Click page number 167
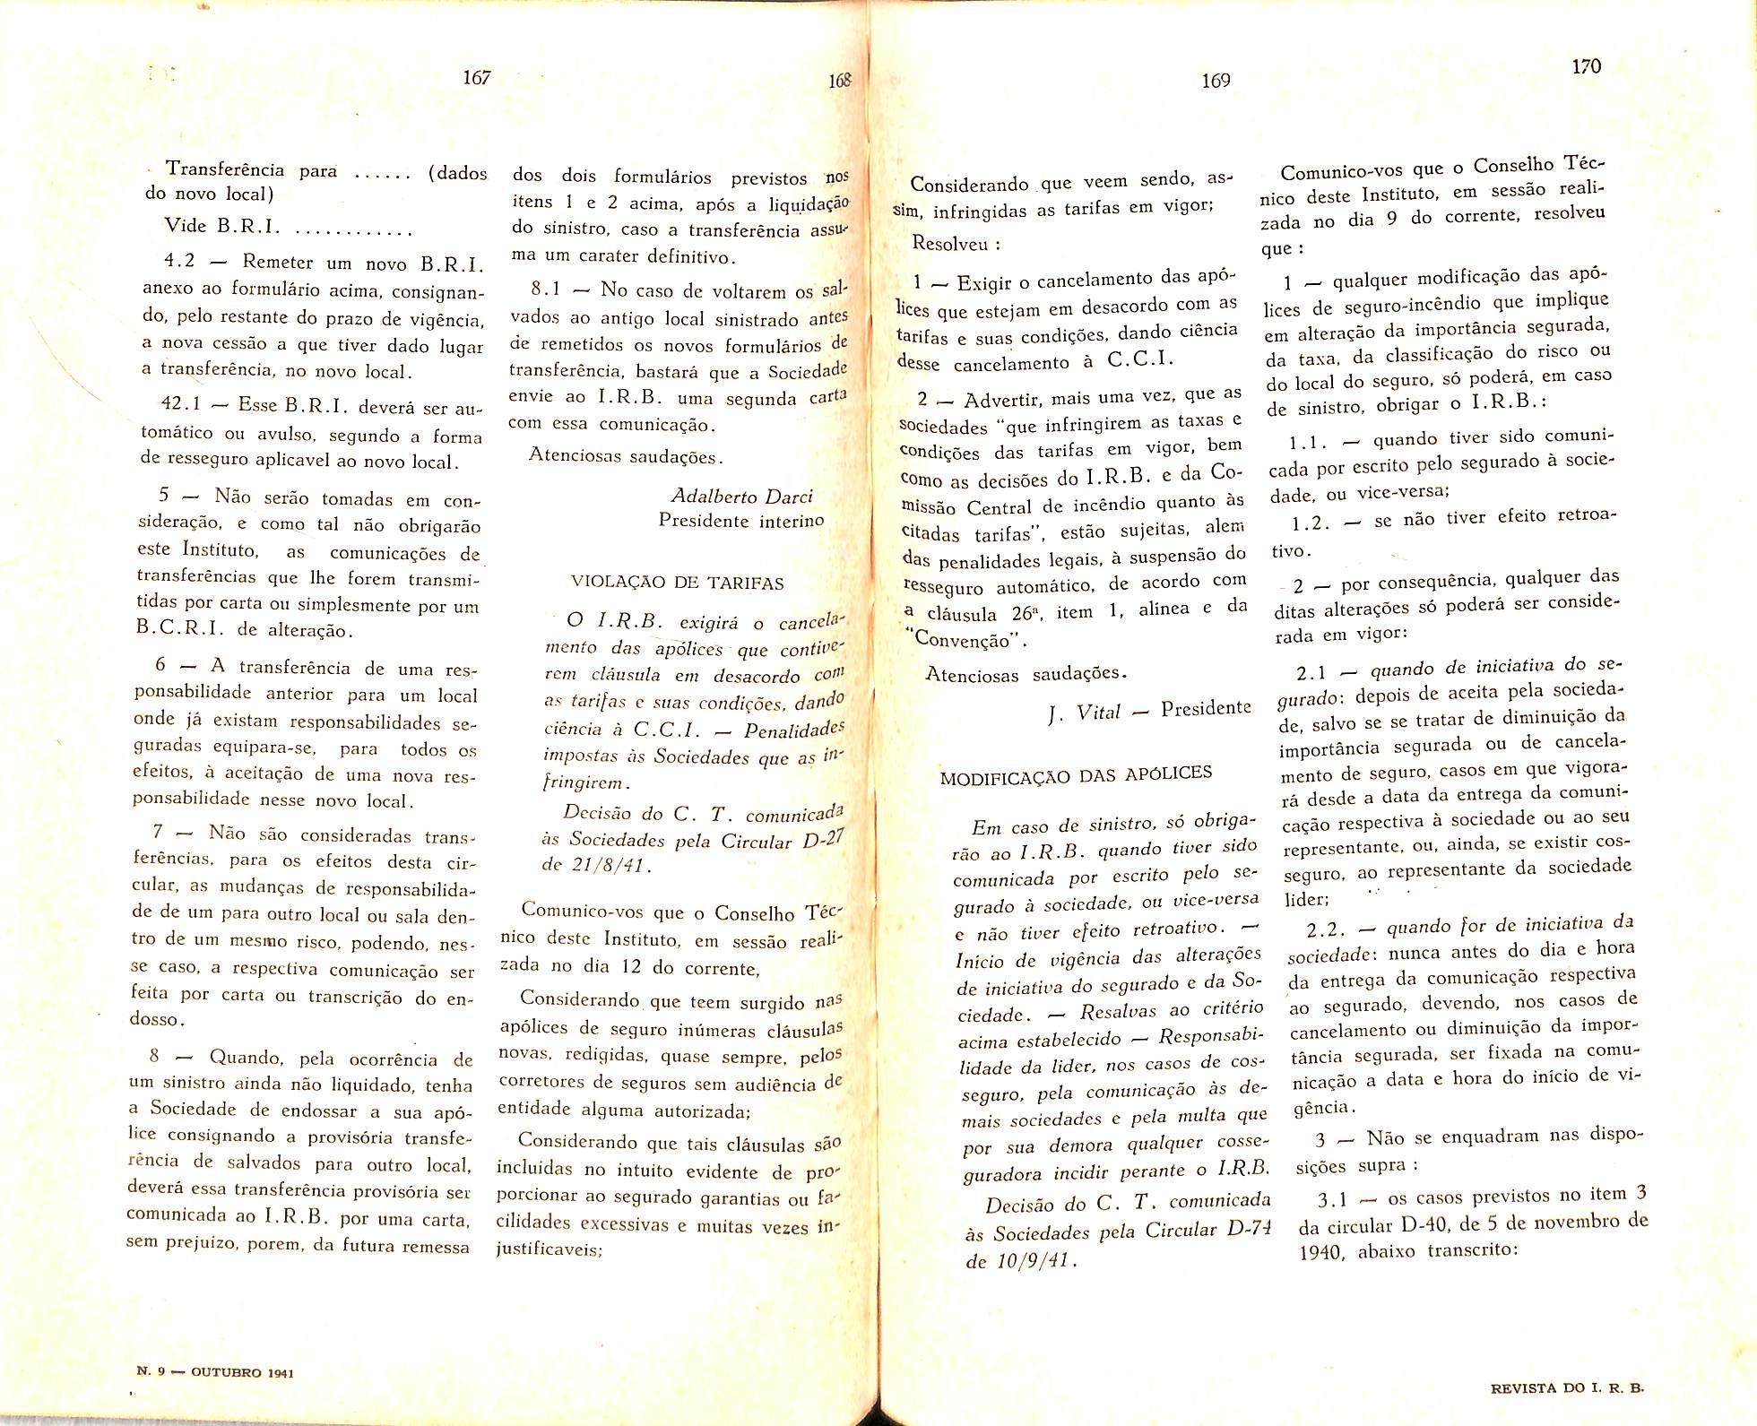pos(477,78)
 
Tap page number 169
pos(1216,81)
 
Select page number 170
pos(1586,65)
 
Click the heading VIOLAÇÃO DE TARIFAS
pos(678,583)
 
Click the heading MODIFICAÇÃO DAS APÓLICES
pos(1076,775)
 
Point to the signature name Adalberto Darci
pos(742,497)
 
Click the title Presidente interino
pos(741,520)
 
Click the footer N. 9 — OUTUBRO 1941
pos(214,1372)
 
